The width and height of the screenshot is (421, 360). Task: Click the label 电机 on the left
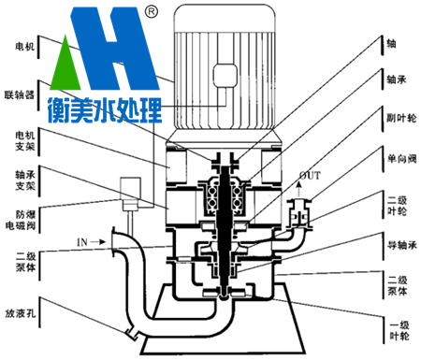click(x=24, y=47)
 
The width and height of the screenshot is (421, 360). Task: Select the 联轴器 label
click(x=19, y=94)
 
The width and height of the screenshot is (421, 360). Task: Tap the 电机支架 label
click(x=25, y=141)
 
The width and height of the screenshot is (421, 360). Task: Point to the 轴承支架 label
click(x=25, y=180)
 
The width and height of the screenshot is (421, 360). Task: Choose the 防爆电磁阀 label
click(x=21, y=220)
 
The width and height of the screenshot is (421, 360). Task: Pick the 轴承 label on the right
click(x=397, y=79)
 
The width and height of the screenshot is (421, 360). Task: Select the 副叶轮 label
click(x=401, y=118)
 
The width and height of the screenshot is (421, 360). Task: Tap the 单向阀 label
click(x=401, y=159)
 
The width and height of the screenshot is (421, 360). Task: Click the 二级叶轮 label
click(x=397, y=206)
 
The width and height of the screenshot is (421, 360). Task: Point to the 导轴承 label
click(x=402, y=245)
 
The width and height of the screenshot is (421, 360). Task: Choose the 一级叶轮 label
click(x=399, y=331)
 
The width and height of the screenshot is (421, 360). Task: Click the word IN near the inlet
click(x=82, y=242)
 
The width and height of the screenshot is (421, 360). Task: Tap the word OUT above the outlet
click(x=310, y=176)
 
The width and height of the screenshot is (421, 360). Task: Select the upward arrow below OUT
click(x=298, y=189)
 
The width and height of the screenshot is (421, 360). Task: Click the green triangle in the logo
click(x=65, y=65)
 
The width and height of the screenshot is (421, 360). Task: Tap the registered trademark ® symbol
click(x=152, y=11)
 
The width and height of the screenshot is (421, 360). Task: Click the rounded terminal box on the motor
click(x=225, y=76)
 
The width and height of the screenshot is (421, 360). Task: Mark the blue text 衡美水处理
click(x=105, y=110)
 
